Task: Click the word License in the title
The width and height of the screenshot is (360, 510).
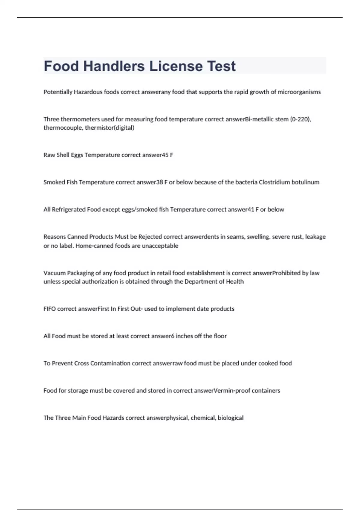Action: (x=176, y=66)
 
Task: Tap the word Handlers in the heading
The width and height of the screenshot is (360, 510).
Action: (x=114, y=66)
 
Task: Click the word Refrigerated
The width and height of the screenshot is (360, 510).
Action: (x=69, y=209)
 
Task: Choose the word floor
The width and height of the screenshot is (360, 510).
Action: (x=220, y=336)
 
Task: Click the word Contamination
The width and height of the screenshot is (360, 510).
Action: (x=110, y=363)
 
